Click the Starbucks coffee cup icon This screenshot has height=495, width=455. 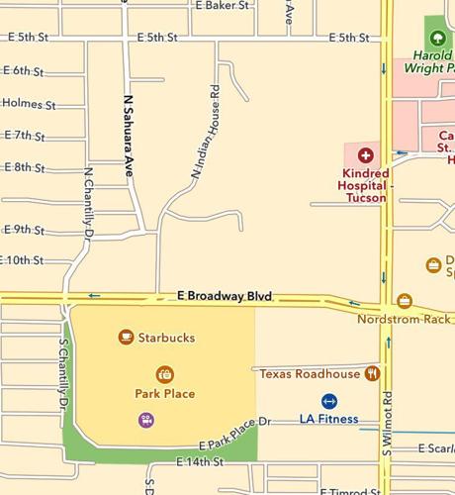point(126,338)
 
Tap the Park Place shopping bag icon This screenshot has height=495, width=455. point(165,374)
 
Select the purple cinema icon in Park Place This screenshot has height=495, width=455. point(146,419)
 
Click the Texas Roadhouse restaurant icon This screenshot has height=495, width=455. point(372,373)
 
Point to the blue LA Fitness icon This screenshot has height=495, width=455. point(329,401)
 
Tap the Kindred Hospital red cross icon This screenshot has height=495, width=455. point(365,155)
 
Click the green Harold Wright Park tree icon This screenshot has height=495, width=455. point(436,38)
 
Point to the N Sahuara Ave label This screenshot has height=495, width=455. point(127,137)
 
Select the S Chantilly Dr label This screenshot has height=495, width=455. point(63,376)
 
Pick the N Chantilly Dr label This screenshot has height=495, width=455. point(88,204)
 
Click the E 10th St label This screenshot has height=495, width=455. point(24,260)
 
